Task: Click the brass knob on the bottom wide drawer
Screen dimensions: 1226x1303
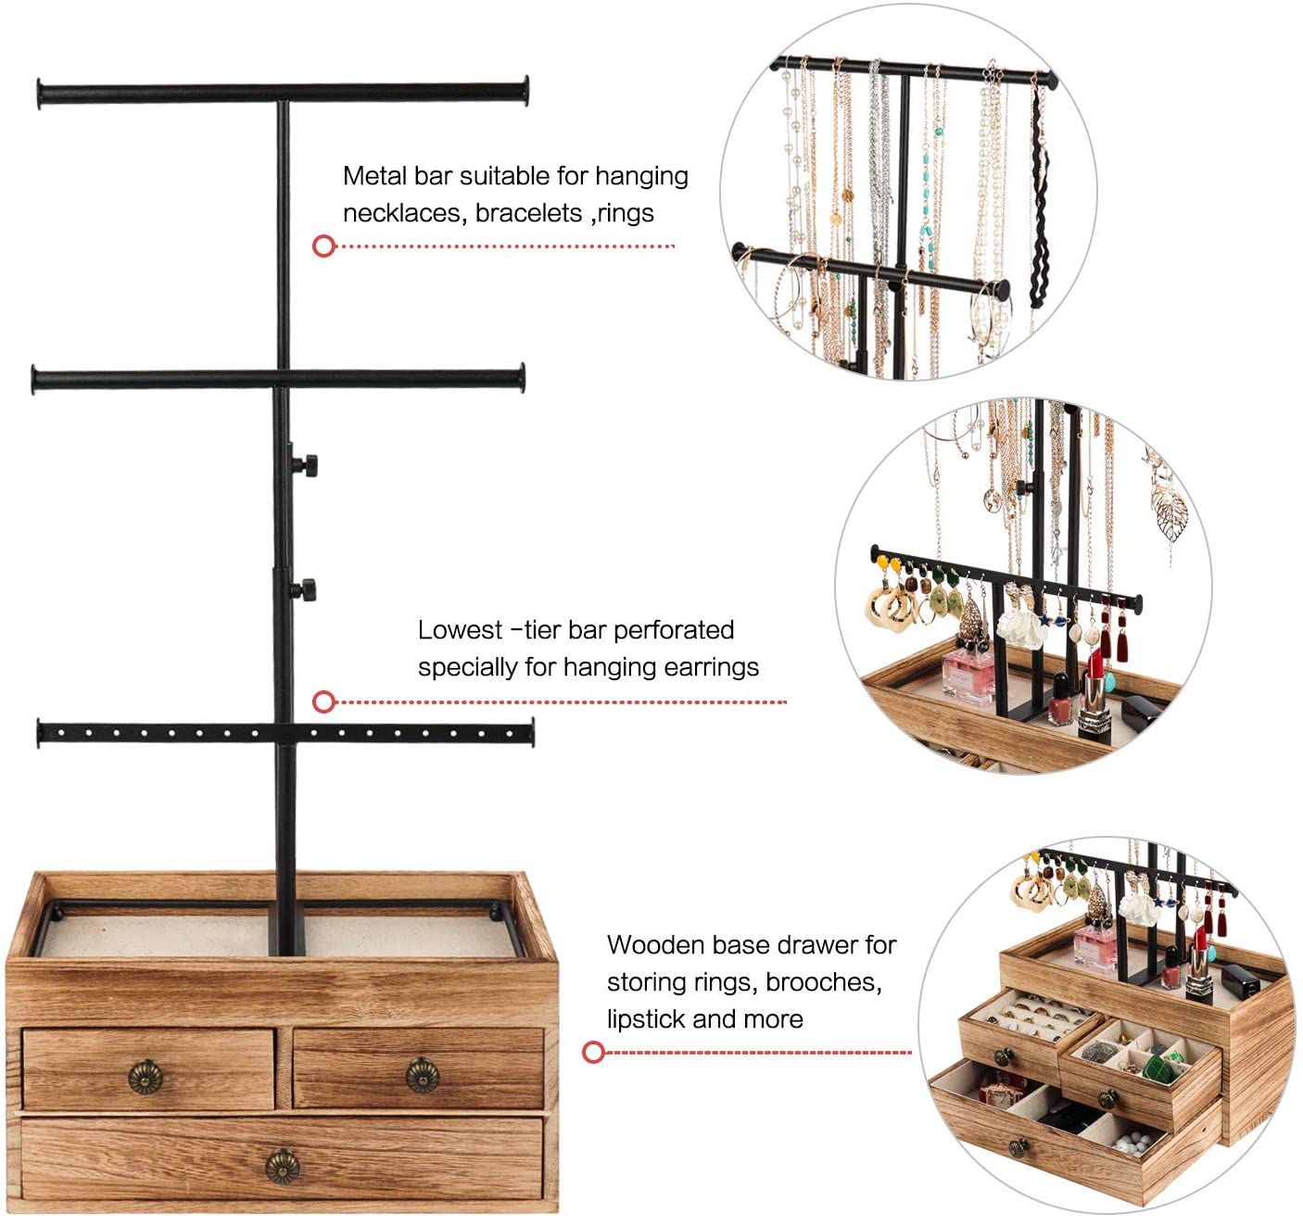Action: pyautogui.click(x=283, y=1166)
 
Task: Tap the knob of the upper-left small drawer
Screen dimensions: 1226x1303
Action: pyautogui.click(x=145, y=1076)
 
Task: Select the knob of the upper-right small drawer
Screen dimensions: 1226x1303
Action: pyautogui.click(x=423, y=1074)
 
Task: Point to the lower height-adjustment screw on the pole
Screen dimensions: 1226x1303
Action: pyautogui.click(x=306, y=588)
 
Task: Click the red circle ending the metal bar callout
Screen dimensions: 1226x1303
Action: pyautogui.click(x=323, y=246)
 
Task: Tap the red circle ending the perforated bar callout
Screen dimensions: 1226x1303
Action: pyautogui.click(x=323, y=701)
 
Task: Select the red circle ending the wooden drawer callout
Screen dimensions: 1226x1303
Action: pyautogui.click(x=593, y=1052)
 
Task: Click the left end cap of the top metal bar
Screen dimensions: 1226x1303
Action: pyautogui.click(x=40, y=95)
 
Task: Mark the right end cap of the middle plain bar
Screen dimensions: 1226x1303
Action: pyautogui.click(x=522, y=378)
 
